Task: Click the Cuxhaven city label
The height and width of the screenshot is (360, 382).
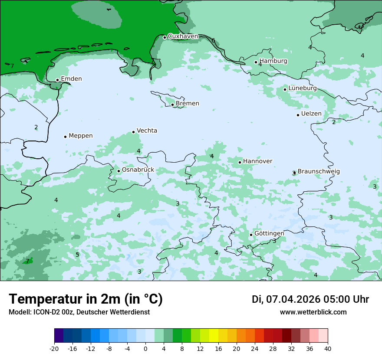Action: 183,36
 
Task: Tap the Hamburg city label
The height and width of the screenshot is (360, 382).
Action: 273,61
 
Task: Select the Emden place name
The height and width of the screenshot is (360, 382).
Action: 71,79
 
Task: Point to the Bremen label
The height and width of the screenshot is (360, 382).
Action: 188,104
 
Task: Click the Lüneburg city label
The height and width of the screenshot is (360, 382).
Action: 303,88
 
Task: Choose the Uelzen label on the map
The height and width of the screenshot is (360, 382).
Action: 311,114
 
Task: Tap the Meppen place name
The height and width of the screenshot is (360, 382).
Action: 81,136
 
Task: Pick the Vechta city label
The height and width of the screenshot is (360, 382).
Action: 147,131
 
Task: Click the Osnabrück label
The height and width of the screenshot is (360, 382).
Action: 138,170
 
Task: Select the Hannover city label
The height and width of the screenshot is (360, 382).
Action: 257,161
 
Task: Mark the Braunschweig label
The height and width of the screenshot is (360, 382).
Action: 319,172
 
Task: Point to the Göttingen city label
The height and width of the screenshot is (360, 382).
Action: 269,233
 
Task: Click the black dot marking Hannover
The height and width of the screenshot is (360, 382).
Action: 240,162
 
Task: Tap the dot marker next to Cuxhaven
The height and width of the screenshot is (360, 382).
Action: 165,37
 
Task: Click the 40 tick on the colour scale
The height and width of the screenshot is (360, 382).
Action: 327,349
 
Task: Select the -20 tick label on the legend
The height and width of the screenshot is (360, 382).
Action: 54,349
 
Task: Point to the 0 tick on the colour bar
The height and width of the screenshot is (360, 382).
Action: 145,349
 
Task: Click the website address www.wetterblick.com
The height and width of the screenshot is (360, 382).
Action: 313,312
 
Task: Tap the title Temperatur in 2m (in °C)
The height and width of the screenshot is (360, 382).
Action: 86,299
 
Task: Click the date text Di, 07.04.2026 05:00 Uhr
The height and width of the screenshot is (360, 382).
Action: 310,299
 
